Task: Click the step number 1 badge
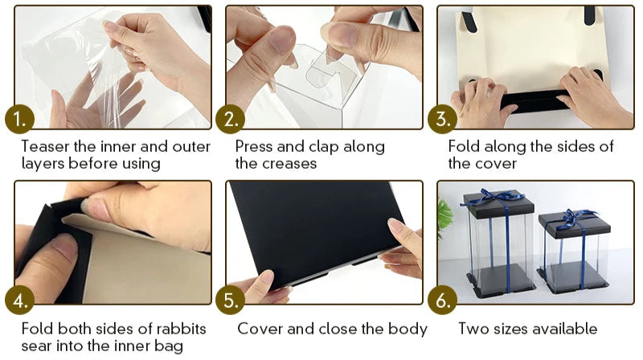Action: (x=19, y=119)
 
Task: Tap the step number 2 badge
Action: (x=231, y=119)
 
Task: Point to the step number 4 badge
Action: (x=19, y=301)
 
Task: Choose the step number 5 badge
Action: (x=231, y=301)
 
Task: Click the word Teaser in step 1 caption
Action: (x=45, y=146)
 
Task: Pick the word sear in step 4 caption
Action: (x=36, y=346)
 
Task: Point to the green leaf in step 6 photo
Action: (x=444, y=214)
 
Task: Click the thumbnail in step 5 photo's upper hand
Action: (x=394, y=226)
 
